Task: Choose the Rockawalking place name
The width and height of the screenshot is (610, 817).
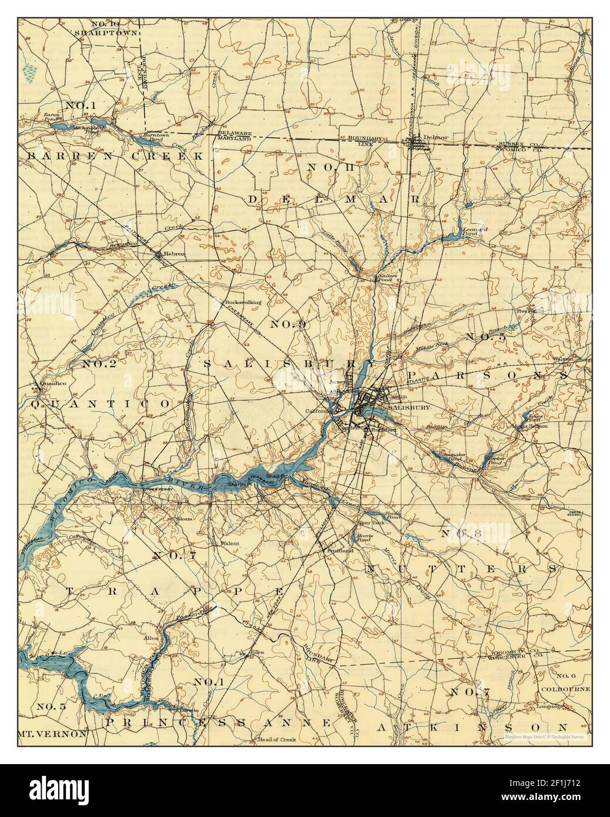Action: coord(243,303)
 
